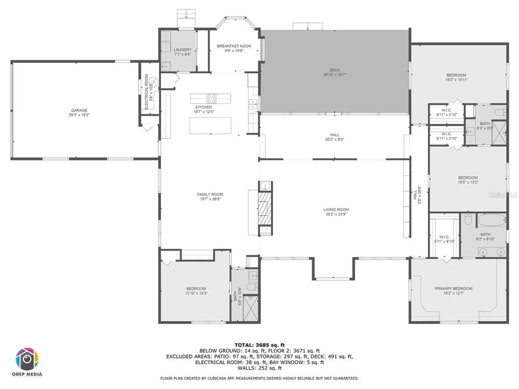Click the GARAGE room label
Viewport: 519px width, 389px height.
(79, 110)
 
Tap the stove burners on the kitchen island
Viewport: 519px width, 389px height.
(211, 99)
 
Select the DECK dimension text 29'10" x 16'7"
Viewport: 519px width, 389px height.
(334, 75)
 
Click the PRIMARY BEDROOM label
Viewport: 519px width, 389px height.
(453, 288)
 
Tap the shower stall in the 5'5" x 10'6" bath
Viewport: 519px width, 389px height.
(251, 309)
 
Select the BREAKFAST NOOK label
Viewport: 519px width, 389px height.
(234, 46)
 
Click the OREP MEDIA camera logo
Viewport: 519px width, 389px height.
(27, 359)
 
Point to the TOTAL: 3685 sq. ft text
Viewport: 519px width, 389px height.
(259, 345)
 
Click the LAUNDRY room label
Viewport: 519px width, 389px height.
(182, 50)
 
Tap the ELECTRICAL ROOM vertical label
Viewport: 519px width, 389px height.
(146, 92)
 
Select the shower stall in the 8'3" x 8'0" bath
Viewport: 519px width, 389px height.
(499, 133)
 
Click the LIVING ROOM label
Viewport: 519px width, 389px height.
(336, 210)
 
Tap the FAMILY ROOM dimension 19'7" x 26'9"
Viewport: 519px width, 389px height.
(210, 199)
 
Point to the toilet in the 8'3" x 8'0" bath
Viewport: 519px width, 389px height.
(500, 112)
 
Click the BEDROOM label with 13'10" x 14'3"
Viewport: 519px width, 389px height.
(196, 289)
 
